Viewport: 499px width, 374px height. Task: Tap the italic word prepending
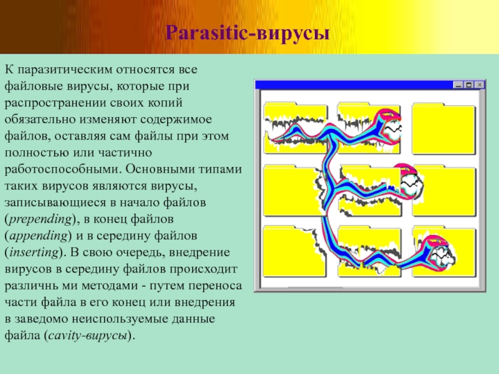(41, 219)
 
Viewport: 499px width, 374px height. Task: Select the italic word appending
(39, 236)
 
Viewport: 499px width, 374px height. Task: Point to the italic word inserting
(34, 252)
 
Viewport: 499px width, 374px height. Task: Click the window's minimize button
(458, 85)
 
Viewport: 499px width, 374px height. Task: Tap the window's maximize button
(469, 85)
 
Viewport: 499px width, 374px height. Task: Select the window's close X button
(479, 85)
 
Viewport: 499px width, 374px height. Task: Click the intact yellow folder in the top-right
(443, 128)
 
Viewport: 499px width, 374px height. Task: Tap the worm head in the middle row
(409, 181)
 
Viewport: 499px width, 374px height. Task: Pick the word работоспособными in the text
(62, 170)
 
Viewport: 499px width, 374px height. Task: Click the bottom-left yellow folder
(294, 252)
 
